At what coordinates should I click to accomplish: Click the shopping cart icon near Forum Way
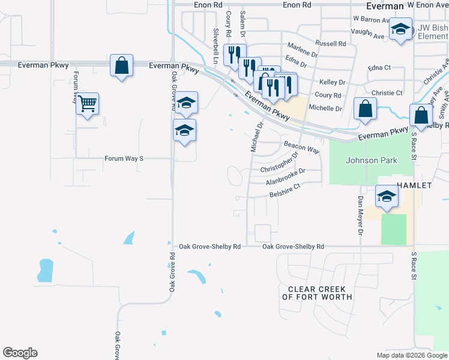88,104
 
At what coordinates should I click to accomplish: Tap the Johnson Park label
371,160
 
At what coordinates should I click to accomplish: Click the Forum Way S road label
124,159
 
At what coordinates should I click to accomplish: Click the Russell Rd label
331,44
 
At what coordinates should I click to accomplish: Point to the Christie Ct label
387,93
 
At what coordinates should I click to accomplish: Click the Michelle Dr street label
325,109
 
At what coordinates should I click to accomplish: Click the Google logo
20,353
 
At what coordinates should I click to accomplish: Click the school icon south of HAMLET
387,196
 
